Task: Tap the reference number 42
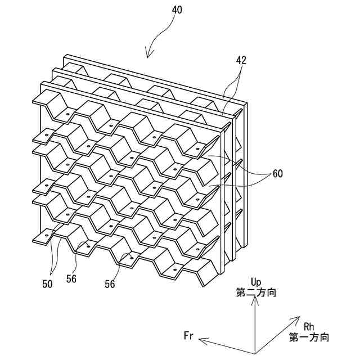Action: (241, 60)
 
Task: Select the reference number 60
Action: (277, 174)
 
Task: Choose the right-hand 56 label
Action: (110, 284)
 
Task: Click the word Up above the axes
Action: (256, 281)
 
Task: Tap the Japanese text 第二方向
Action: (256, 292)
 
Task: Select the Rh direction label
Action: (309, 326)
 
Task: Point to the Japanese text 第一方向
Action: (309, 337)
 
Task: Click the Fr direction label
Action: (189, 336)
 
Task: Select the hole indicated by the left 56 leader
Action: (88, 245)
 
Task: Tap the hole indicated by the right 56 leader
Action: (132, 258)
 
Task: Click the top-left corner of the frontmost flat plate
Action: (40, 83)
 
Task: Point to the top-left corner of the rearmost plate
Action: (64, 55)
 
